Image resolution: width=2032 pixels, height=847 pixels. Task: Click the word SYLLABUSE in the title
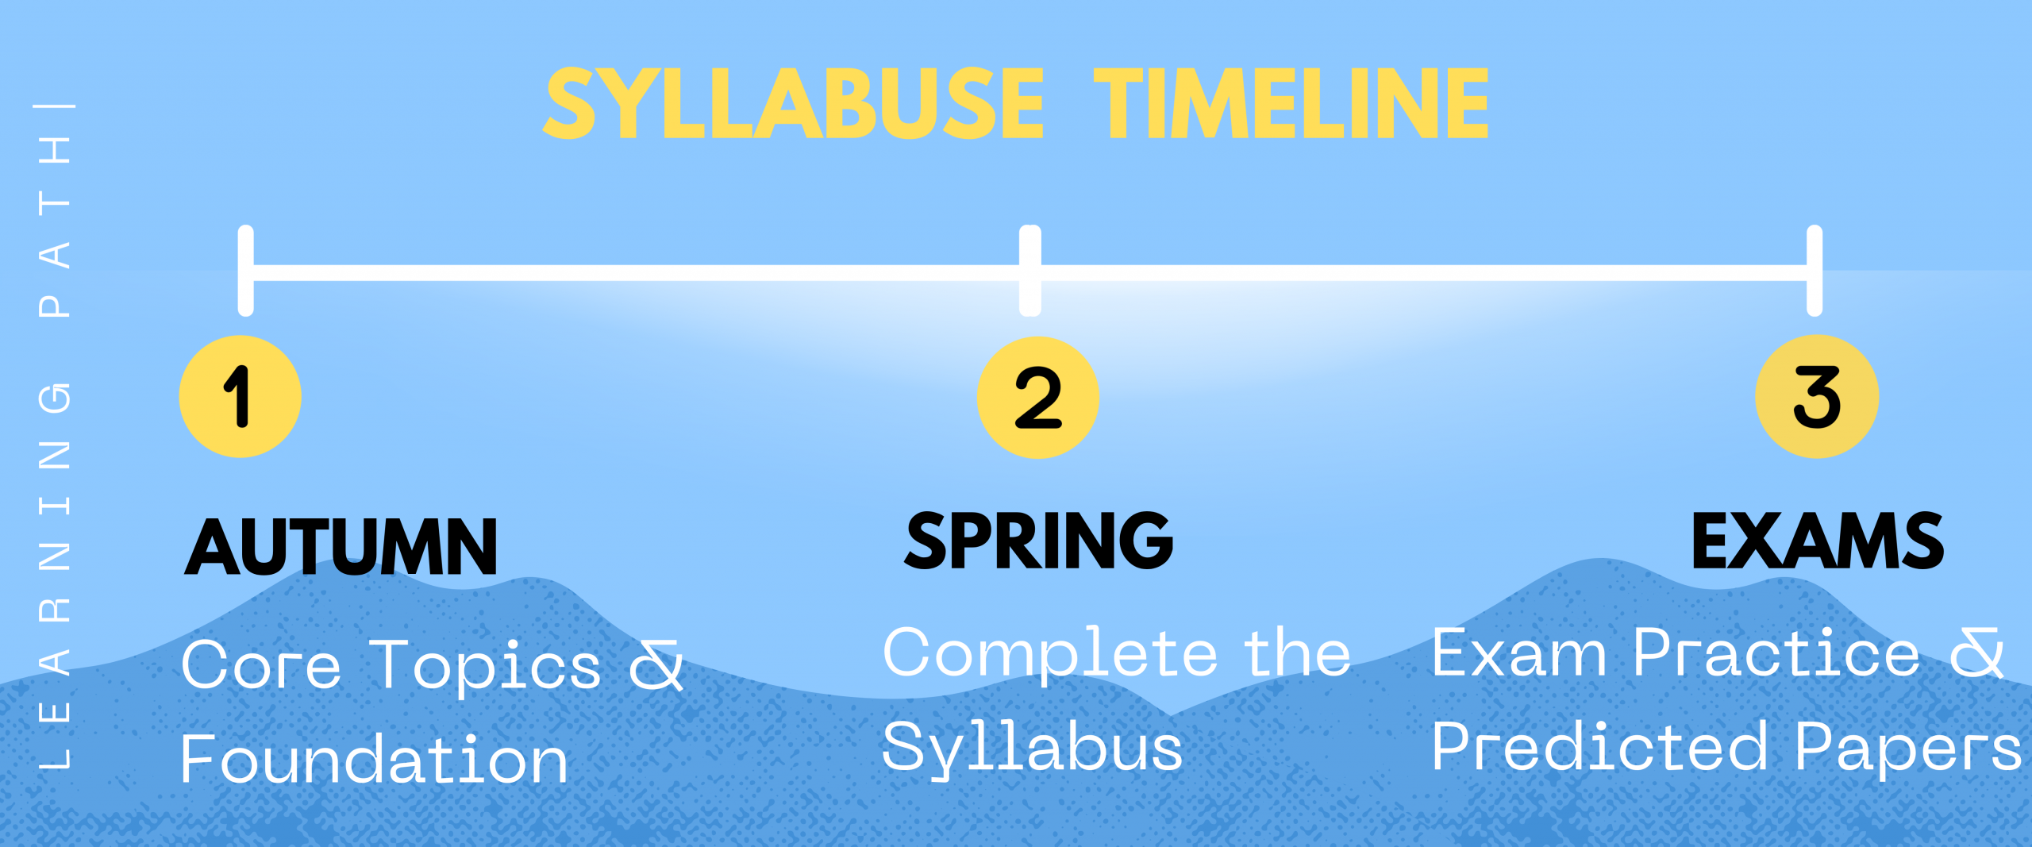(x=794, y=103)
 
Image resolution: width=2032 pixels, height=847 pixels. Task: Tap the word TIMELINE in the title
(x=1291, y=103)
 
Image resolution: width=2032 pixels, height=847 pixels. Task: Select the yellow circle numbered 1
(x=240, y=396)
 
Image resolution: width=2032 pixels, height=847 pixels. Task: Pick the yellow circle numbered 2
(x=1037, y=397)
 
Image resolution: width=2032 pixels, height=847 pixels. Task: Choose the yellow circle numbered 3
(x=1817, y=396)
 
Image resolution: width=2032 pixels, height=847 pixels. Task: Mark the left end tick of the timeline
(x=246, y=271)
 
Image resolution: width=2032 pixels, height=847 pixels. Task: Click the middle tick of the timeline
(x=1030, y=271)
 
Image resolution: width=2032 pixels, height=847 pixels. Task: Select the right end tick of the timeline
(x=1815, y=271)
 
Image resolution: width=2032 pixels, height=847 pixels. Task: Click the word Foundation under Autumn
(x=375, y=760)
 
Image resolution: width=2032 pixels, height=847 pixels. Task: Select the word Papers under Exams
(x=1908, y=748)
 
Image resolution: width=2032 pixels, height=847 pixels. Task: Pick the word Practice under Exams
(x=1777, y=653)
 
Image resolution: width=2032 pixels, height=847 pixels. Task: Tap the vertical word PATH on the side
(x=55, y=226)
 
